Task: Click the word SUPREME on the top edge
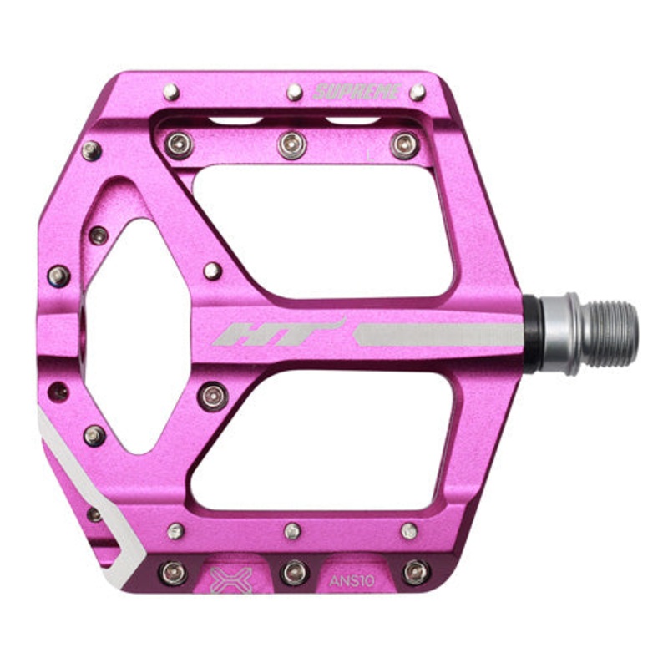pos(357,92)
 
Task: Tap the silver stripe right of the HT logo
pos(439,335)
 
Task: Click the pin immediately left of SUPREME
pos(295,92)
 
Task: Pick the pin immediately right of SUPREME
pos(417,92)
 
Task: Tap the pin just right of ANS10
pos(415,572)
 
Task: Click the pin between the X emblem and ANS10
pos(293,572)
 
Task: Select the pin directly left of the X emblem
pos(173,572)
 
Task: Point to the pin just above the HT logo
pos(213,271)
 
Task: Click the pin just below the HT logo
pos(213,396)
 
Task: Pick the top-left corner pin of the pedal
pos(171,92)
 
